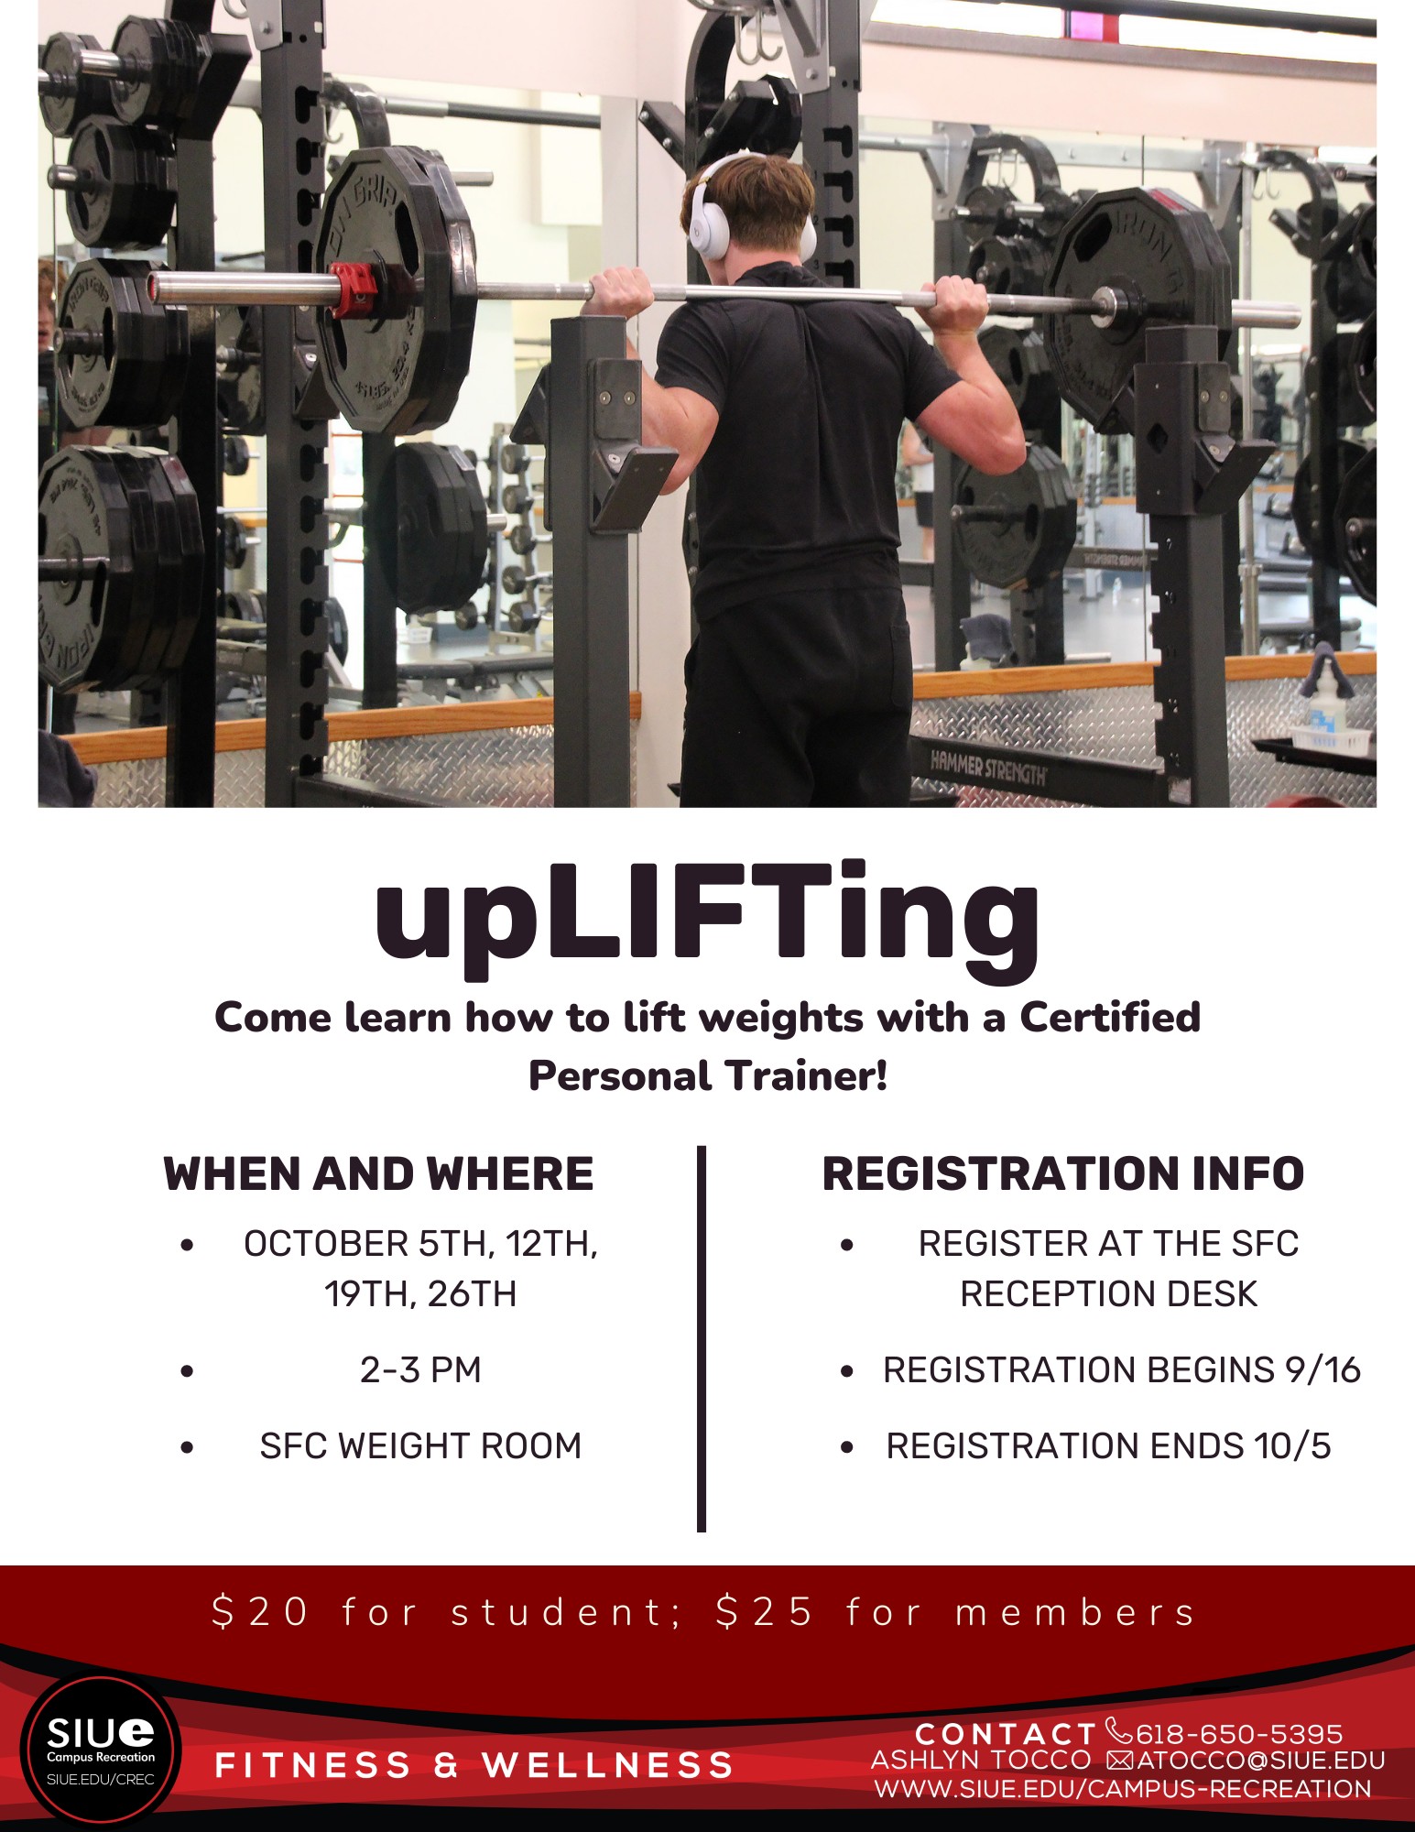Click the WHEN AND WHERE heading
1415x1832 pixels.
[x=378, y=1173]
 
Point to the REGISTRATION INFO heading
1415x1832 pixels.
[x=1062, y=1173]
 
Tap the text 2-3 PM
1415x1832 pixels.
[x=420, y=1370]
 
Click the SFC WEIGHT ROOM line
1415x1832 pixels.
[x=420, y=1446]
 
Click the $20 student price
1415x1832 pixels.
[x=260, y=1612]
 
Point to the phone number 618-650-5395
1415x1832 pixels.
[x=1238, y=1734]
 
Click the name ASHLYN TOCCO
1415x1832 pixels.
[x=981, y=1761]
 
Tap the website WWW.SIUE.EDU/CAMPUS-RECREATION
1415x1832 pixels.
[x=1123, y=1789]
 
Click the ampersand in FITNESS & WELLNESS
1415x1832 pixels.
[x=446, y=1765]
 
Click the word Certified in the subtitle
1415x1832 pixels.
[x=1110, y=1018]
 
